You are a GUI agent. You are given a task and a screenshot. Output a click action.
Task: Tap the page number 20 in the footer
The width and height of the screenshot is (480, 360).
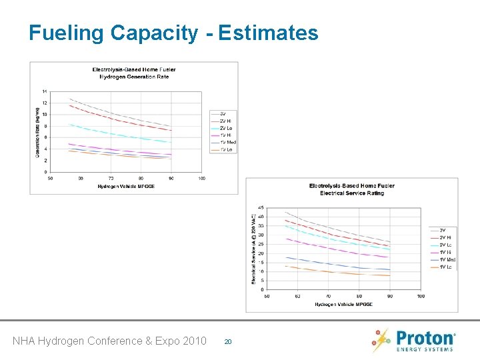[227, 341]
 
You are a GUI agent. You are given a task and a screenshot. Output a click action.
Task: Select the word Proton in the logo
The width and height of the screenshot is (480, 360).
[425, 337]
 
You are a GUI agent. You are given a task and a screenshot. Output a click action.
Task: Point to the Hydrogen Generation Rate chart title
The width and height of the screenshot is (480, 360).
[134, 73]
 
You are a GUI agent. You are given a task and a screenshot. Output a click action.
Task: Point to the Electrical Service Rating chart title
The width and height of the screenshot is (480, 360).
[347, 189]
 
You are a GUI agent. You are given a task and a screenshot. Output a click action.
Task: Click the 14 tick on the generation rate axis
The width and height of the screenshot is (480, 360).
[45, 91]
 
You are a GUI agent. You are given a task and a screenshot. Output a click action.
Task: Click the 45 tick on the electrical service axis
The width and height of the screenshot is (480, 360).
[260, 207]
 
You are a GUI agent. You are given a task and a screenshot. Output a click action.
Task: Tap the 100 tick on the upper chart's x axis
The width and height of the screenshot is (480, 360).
[201, 179]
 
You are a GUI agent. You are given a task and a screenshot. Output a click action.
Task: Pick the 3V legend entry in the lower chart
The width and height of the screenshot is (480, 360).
[441, 230]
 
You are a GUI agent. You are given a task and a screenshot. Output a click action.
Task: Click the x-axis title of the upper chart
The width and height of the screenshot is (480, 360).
[126, 187]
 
